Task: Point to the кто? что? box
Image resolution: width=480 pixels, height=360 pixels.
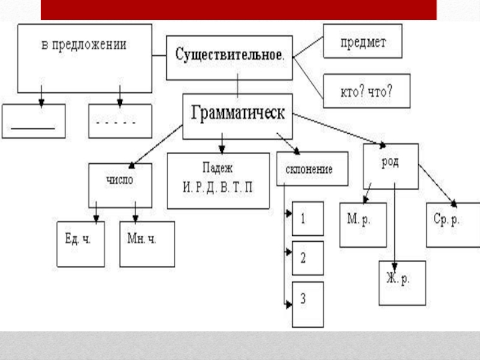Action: [367, 91]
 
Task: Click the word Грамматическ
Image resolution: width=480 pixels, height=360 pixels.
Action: [238, 113]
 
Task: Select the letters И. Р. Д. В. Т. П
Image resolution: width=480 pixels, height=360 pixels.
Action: [218, 187]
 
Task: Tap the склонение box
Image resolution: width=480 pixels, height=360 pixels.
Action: [313, 169]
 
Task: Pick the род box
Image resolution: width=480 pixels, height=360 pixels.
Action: [391, 166]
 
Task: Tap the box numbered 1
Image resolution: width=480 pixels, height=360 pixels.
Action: [308, 218]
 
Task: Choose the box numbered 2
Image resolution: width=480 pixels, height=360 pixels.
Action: [308, 258]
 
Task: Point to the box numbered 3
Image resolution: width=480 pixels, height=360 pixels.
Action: [308, 304]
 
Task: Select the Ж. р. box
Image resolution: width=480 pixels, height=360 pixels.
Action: [402, 283]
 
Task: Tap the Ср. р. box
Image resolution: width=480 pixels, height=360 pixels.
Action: [453, 224]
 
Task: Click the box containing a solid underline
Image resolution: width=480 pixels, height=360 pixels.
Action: [34, 121]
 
